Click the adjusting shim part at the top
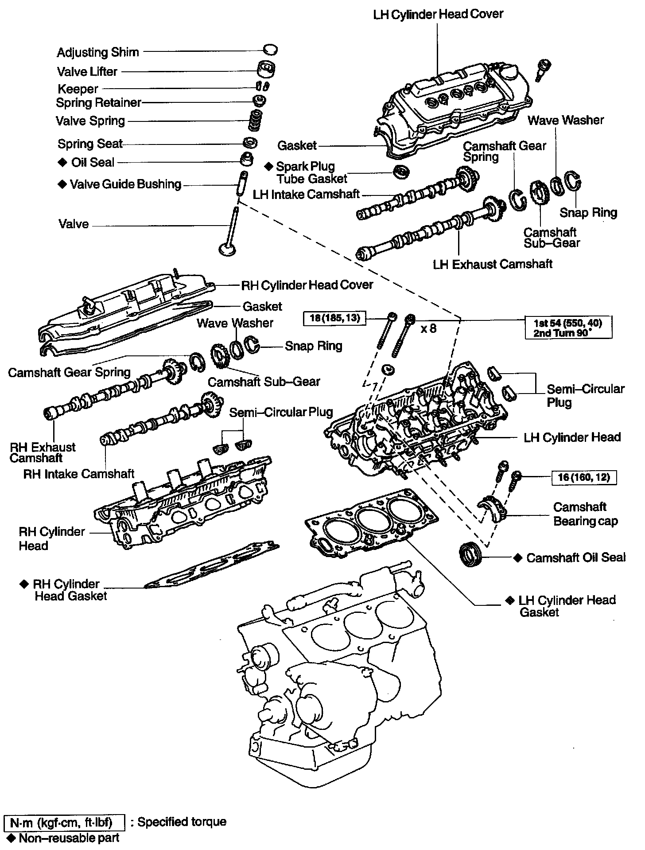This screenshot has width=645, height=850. click(270, 49)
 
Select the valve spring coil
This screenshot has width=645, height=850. click(256, 121)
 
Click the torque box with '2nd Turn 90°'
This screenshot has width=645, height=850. click(568, 328)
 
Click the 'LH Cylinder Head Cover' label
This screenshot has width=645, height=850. click(438, 14)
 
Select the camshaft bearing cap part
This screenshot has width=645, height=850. click(491, 510)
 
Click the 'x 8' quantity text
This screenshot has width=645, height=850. click(428, 328)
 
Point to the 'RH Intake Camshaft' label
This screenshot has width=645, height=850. click(79, 474)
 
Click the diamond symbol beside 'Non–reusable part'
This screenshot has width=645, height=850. click(11, 837)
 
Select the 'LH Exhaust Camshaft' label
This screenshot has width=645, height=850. click(493, 264)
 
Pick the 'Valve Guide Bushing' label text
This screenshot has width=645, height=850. click(126, 184)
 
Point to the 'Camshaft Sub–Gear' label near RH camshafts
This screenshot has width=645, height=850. click(264, 382)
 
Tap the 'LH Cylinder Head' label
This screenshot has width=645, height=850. click(572, 437)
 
